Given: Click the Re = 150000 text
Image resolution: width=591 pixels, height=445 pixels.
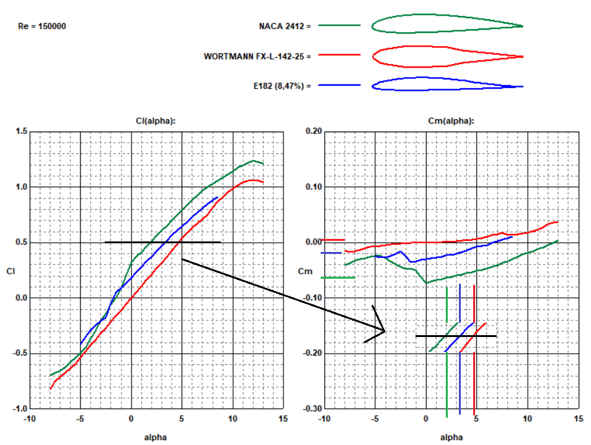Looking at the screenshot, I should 43,27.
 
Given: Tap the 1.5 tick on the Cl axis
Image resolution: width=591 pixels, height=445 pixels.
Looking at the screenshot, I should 22,132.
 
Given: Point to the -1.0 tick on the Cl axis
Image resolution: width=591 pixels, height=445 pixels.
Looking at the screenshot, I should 20,409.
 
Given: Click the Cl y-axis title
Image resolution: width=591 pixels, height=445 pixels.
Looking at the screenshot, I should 11,271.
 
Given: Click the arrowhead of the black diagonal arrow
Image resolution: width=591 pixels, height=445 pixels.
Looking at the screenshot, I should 384,331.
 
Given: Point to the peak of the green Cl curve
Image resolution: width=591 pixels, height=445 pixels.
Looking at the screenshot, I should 253,161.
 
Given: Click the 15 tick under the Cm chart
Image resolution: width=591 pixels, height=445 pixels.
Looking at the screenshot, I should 578,419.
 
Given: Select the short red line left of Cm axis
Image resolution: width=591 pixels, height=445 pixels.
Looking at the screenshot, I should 332,240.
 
